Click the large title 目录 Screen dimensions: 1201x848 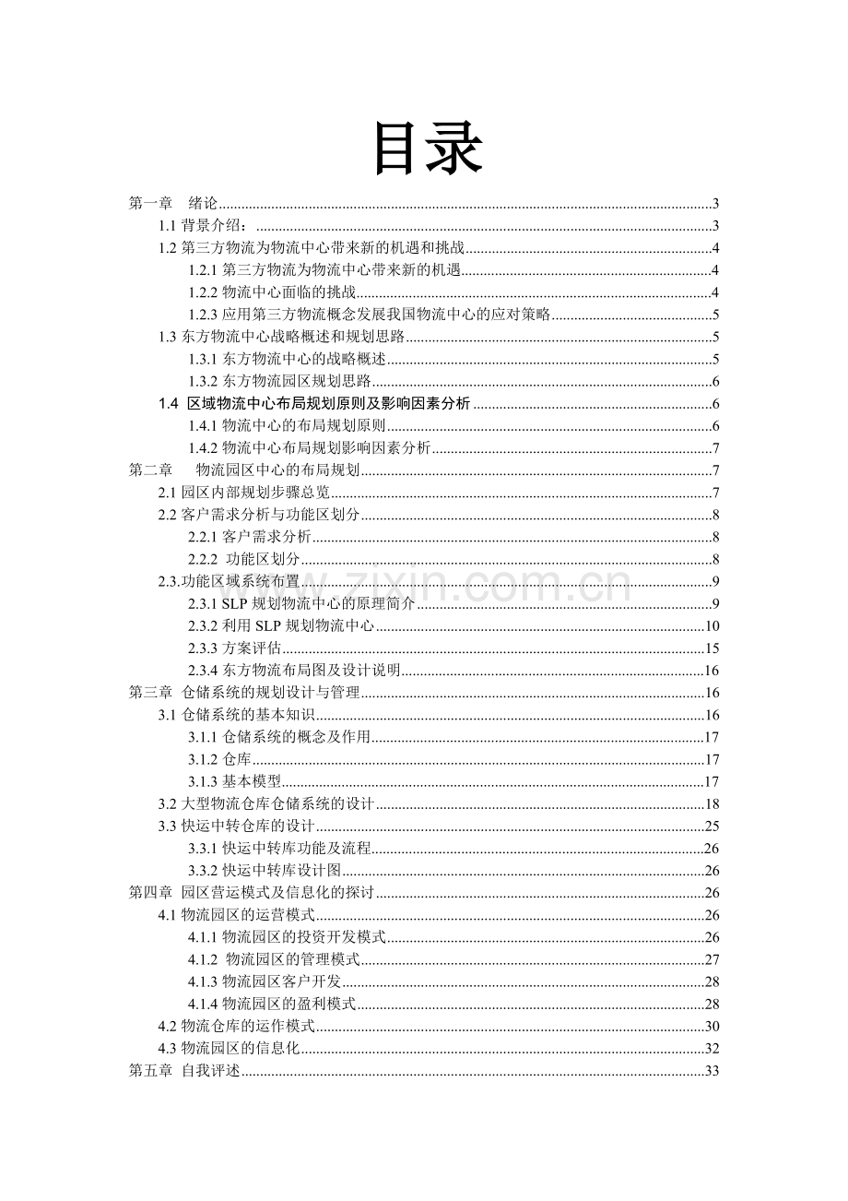427,149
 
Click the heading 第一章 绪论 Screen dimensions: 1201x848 172,204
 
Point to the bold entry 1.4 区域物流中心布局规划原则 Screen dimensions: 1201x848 314,403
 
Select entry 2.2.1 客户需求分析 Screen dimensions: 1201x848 250,537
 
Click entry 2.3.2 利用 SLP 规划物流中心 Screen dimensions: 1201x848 281,626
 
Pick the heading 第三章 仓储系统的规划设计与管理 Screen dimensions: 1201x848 243,693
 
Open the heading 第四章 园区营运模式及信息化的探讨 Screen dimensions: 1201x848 251,892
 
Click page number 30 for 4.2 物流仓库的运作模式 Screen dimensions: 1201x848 712,1026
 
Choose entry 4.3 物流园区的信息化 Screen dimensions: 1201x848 230,1048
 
